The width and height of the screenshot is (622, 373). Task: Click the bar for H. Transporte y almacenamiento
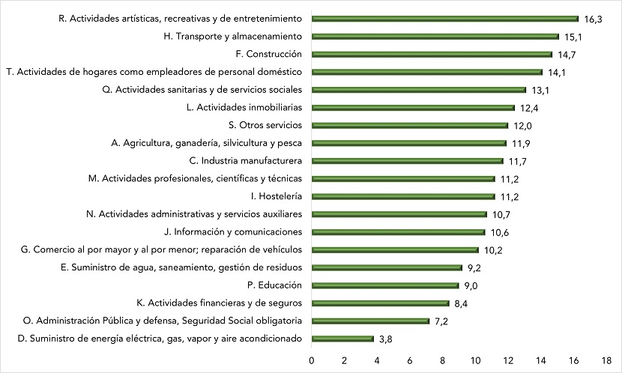click(435, 36)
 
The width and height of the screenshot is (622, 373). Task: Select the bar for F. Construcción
click(432, 54)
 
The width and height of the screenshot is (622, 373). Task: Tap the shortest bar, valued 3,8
click(342, 339)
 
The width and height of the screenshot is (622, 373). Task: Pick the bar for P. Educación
click(385, 285)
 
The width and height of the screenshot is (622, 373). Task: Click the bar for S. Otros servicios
click(410, 125)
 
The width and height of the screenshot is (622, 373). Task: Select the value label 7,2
click(441, 321)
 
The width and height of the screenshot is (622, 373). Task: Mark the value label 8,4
click(461, 303)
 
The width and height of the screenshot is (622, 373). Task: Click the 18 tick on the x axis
click(606, 360)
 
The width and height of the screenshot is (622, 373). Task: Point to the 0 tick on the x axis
click(312, 360)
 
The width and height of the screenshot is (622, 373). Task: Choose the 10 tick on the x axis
click(475, 360)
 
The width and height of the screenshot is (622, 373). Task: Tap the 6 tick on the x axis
click(410, 360)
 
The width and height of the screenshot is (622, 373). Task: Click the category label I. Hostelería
click(277, 196)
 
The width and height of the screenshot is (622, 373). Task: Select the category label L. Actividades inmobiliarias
click(244, 107)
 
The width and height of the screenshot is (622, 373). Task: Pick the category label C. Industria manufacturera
click(247, 161)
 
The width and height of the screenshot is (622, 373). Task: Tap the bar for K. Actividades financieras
click(380, 303)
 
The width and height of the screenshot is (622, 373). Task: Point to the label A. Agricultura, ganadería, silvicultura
click(217, 143)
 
